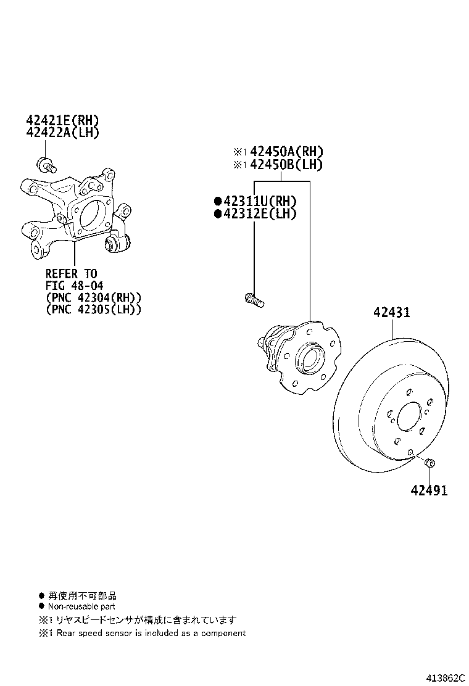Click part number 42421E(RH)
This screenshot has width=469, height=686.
(x=62, y=120)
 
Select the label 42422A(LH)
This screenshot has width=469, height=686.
(x=62, y=132)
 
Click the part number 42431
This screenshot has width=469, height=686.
(x=391, y=313)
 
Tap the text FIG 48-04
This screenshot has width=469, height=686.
(x=74, y=286)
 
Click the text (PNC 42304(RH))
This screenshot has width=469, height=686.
(x=93, y=297)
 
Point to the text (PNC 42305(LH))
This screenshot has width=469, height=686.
(x=93, y=310)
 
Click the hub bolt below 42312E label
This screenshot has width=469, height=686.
(x=254, y=300)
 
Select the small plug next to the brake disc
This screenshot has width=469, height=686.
(x=431, y=462)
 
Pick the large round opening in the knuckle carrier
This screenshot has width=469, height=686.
(x=90, y=214)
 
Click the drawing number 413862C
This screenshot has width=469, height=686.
(x=443, y=677)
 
